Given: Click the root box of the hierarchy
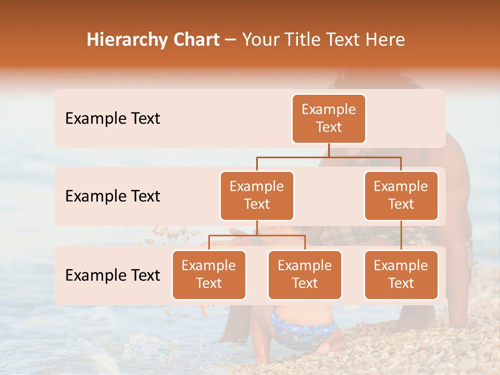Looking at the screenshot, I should coord(329,119).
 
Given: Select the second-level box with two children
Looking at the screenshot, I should coord(257,196).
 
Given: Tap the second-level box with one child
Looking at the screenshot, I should coord(401,196).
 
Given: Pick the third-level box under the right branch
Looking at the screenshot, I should coord(401,275).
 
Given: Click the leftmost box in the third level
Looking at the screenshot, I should coord(209,275).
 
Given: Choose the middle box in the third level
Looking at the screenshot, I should coord(305,275).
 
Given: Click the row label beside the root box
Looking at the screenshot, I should coord(113,119).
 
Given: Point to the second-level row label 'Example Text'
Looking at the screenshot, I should coord(113,196).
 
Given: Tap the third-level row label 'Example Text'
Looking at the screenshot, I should coord(113,276).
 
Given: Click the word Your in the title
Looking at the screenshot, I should coord(259,40).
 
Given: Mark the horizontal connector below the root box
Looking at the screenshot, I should coord(329,157).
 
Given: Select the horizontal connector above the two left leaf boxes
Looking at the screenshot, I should coord(257,235).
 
